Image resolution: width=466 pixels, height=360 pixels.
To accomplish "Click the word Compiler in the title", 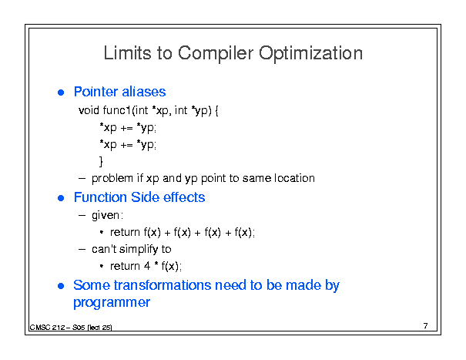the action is point(216,53).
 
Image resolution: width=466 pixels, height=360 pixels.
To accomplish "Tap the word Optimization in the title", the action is point(310,53).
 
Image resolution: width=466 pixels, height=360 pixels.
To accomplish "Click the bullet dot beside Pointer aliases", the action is point(61,93).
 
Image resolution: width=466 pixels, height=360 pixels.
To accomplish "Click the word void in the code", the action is point(89,110).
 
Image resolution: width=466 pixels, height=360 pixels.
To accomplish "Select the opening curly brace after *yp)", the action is point(216,111).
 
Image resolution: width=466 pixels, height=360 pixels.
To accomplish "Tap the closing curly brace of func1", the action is point(101,162).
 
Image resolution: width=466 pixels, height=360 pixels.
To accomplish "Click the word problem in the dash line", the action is point(112,179).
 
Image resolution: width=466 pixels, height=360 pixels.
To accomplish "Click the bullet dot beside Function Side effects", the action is point(61,198).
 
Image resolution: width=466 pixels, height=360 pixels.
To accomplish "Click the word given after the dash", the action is point(106,215).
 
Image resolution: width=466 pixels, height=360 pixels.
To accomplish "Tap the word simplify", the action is point(139,249).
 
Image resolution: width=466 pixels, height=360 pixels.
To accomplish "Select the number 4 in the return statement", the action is point(147,266).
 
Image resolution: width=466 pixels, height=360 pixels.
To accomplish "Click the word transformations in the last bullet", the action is point(163,285).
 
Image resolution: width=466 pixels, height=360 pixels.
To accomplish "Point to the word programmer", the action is point(112,303).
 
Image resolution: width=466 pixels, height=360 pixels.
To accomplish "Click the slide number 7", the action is point(426,326).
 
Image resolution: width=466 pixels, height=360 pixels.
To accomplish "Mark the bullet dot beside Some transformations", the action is point(61,286).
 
